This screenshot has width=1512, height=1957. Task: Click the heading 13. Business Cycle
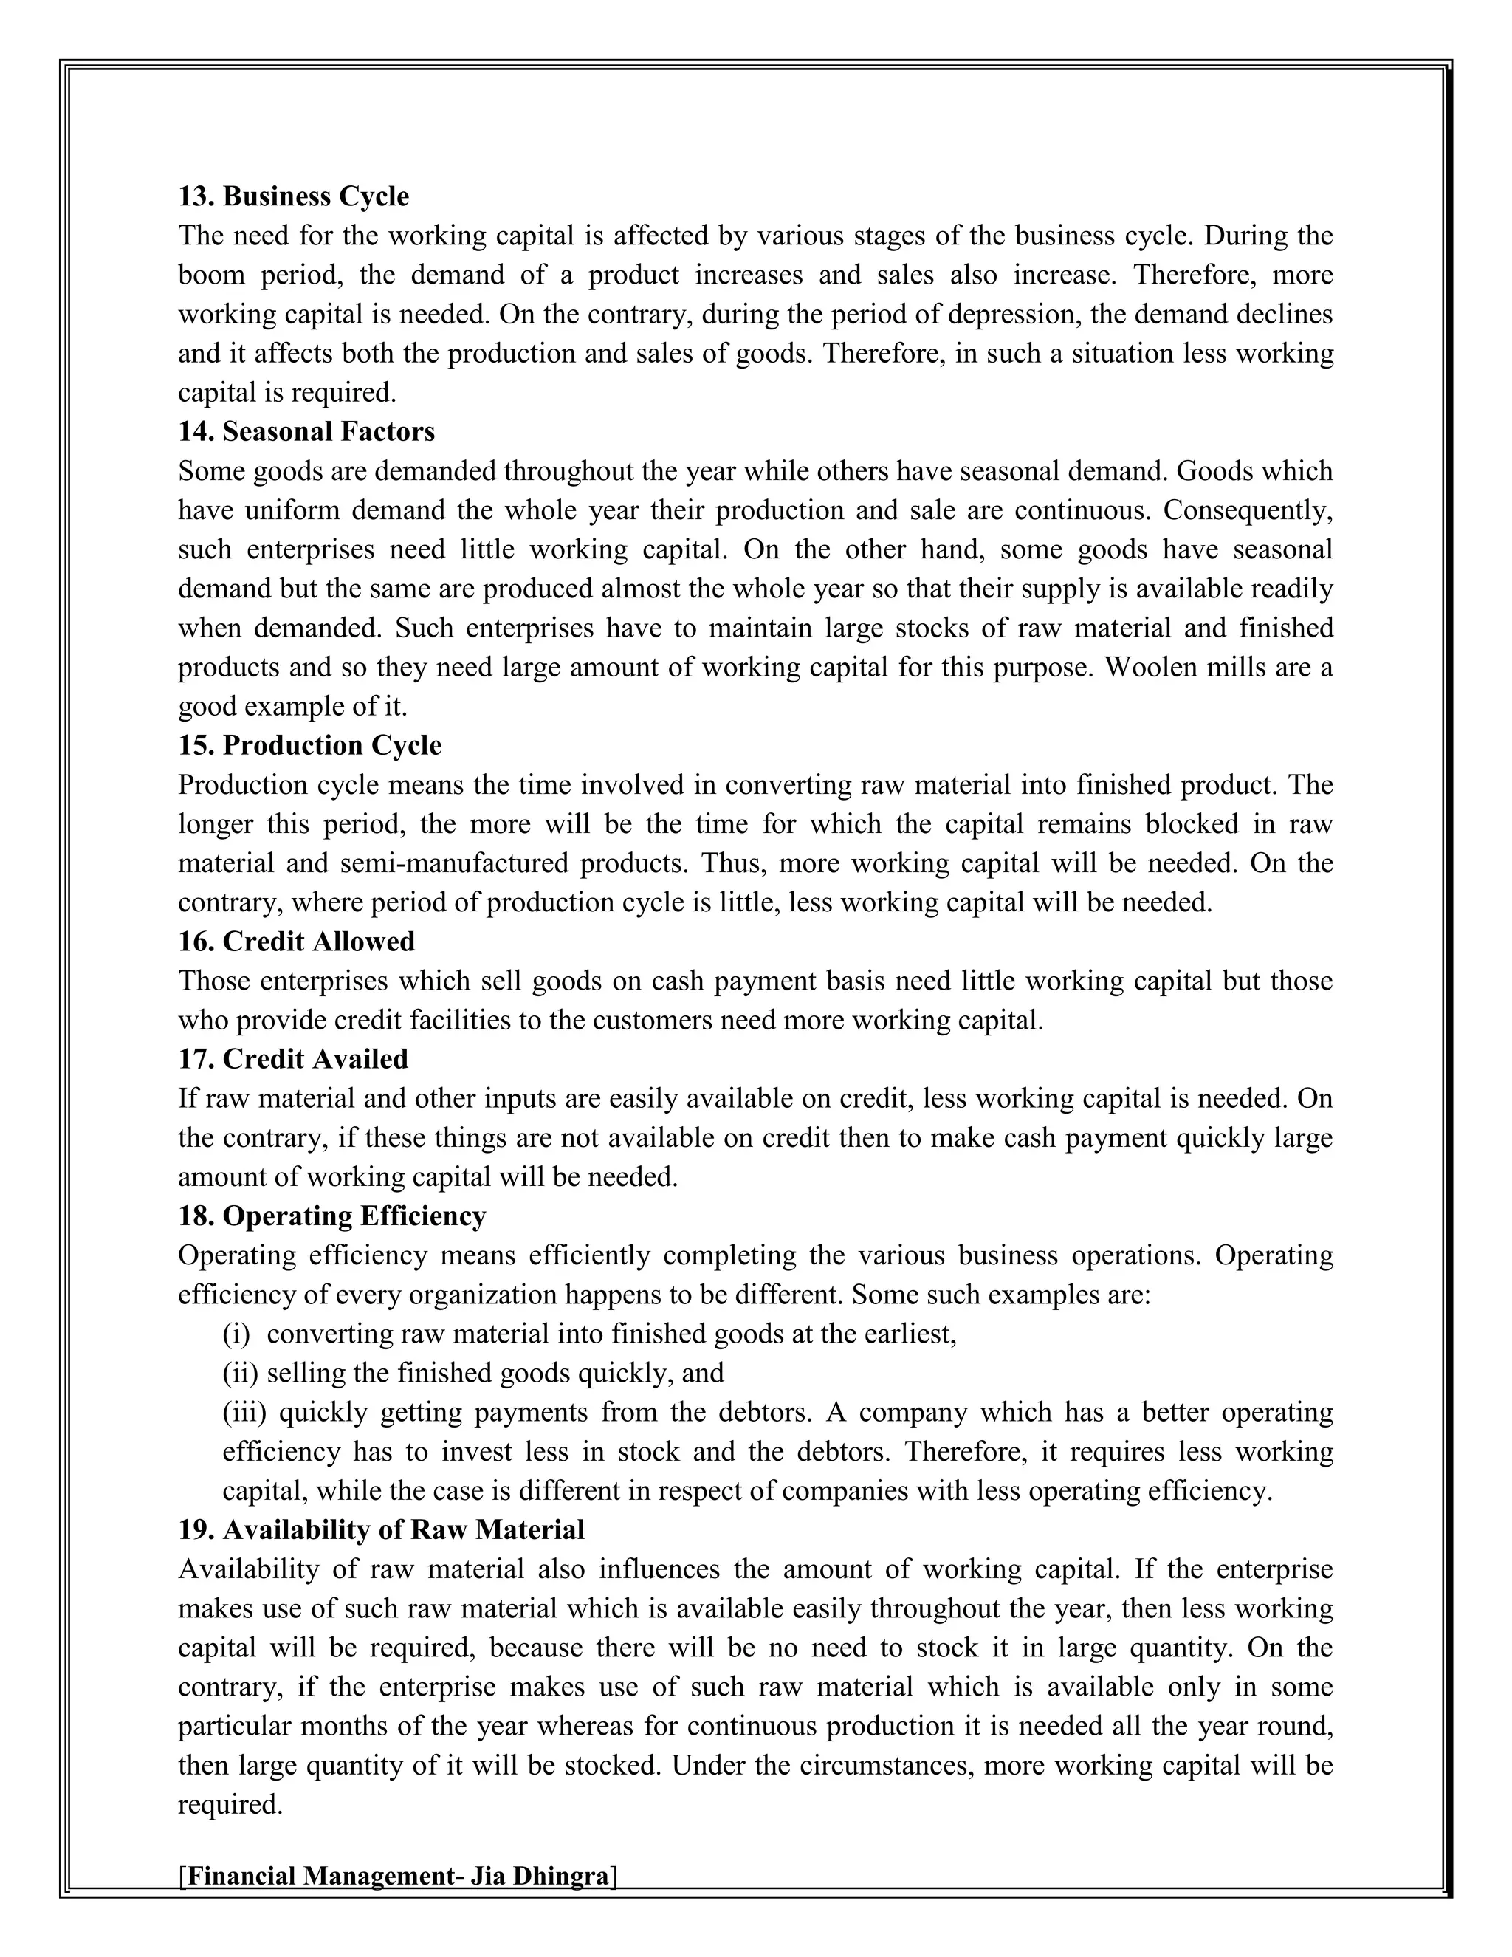[x=293, y=196]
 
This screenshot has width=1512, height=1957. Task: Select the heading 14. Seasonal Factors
[x=306, y=432]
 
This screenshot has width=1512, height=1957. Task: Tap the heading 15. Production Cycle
[x=309, y=746]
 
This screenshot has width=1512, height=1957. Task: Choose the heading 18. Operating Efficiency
[x=331, y=1216]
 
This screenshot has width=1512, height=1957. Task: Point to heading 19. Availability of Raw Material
[x=381, y=1529]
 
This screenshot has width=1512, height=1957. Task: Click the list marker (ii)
[x=240, y=1374]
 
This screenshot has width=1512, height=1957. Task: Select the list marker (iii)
[x=244, y=1413]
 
